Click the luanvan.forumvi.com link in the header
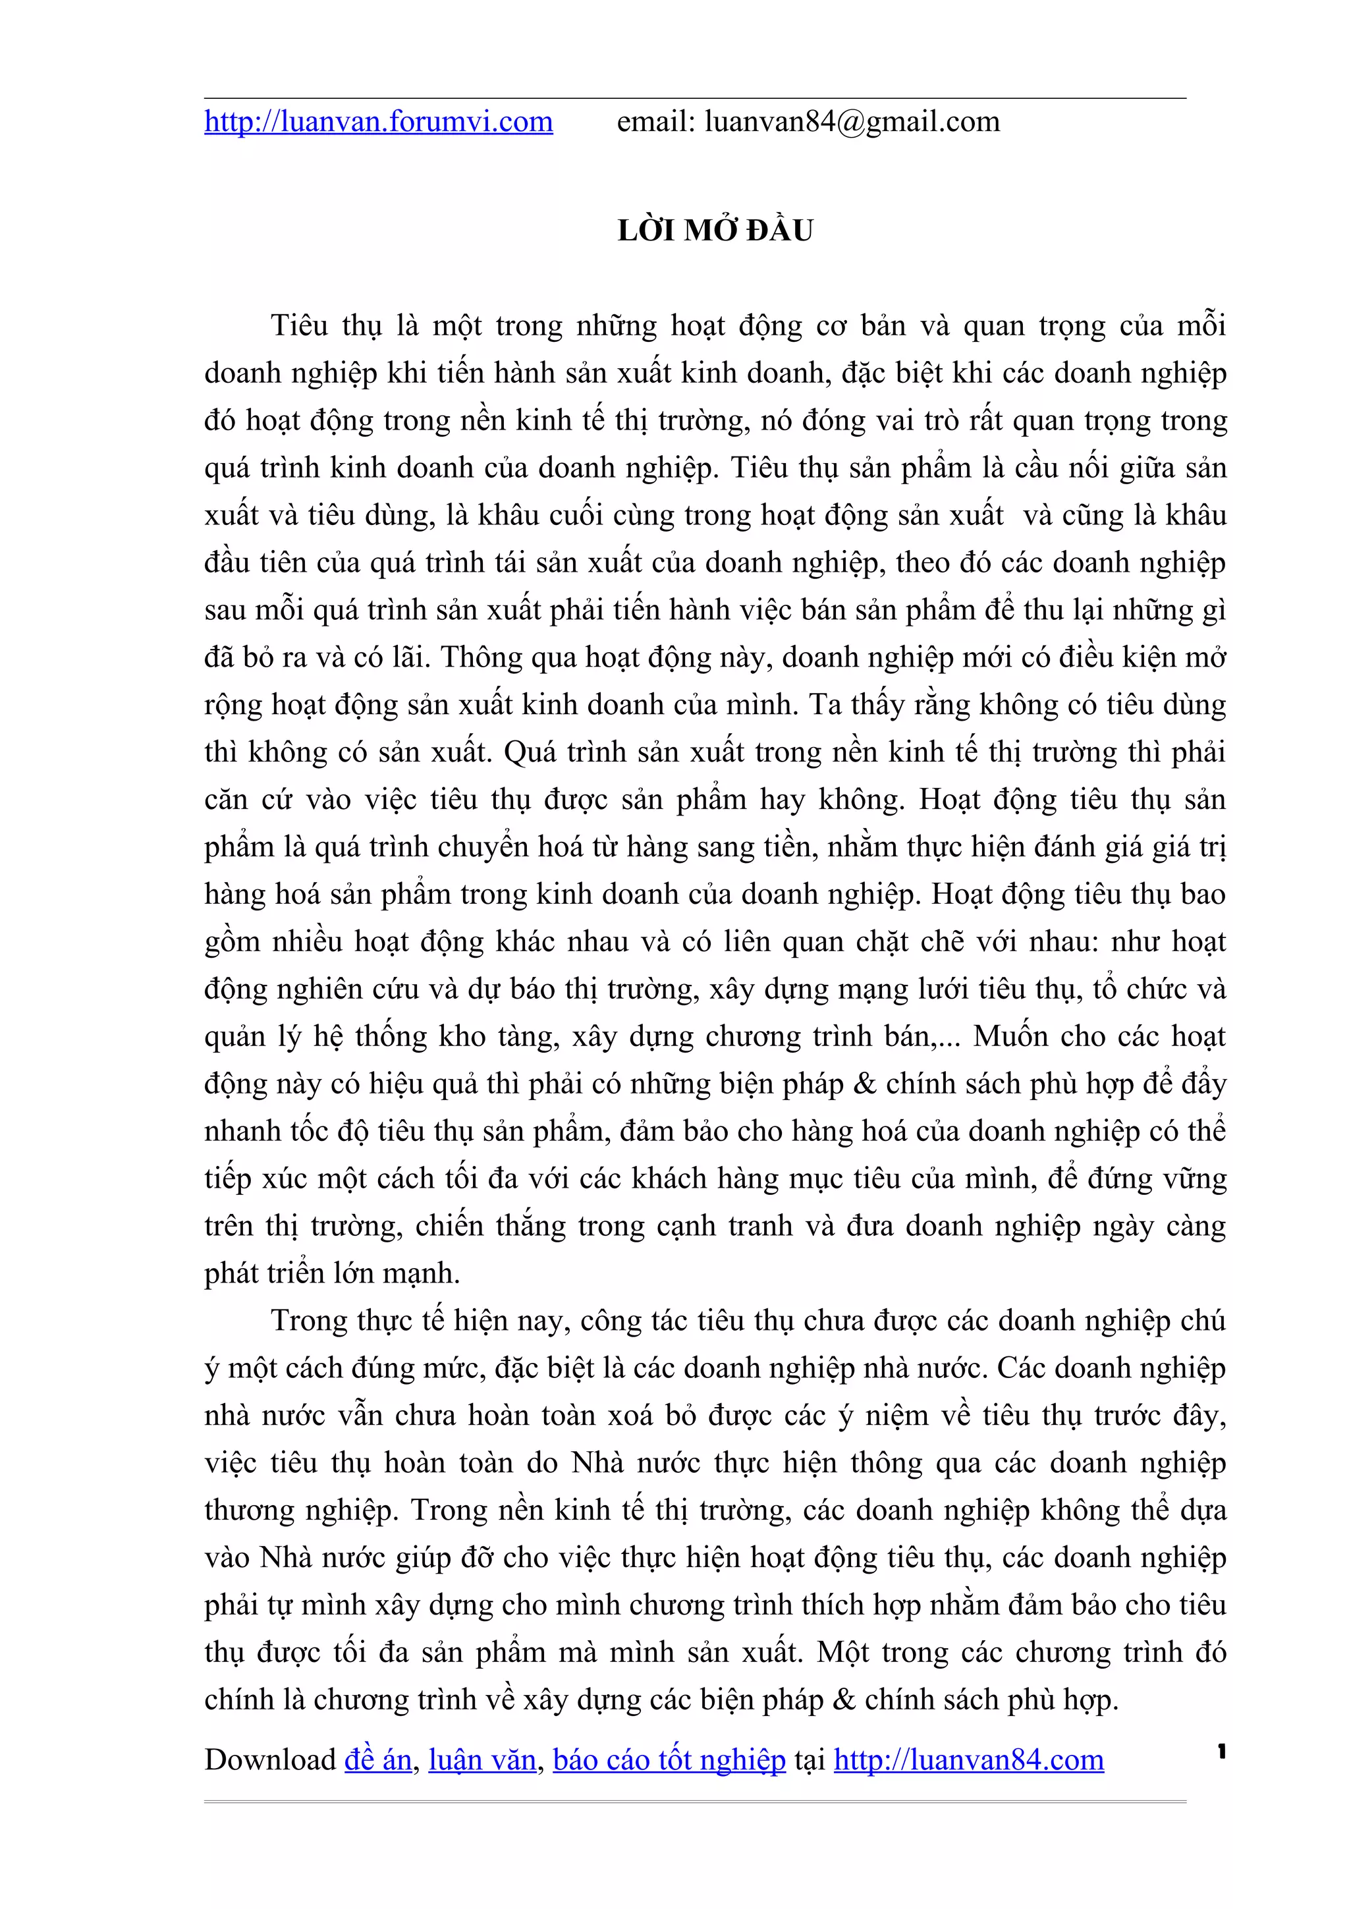378,123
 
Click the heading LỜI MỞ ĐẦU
715,231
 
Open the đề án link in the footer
378,1760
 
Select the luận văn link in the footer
482,1760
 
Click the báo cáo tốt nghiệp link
669,1760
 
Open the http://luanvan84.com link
968,1760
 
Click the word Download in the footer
270,1760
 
